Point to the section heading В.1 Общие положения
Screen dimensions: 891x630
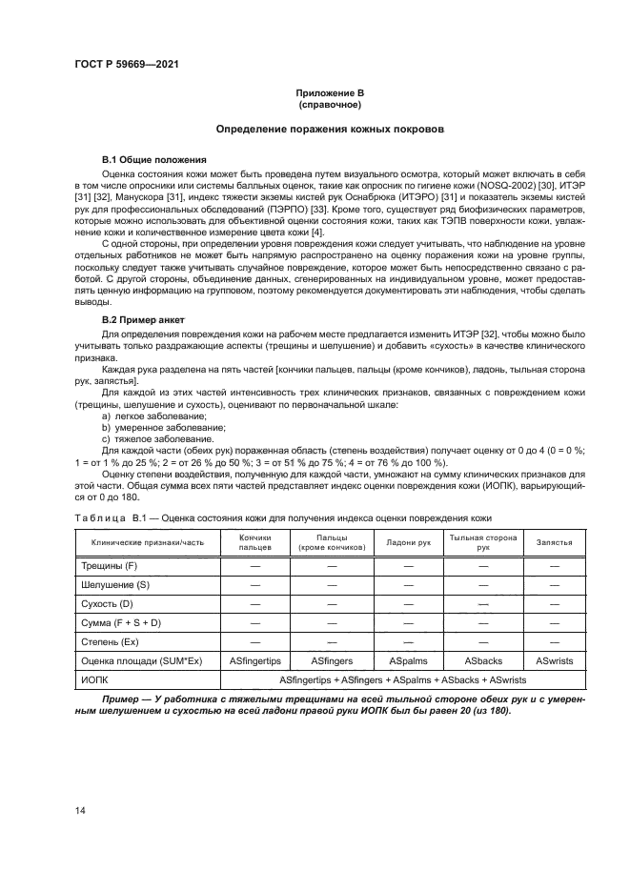point(149,158)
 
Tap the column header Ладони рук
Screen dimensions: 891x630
point(409,542)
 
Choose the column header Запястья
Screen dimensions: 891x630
point(554,542)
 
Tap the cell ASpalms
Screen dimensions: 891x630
point(409,659)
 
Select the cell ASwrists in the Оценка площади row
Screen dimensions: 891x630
point(554,659)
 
